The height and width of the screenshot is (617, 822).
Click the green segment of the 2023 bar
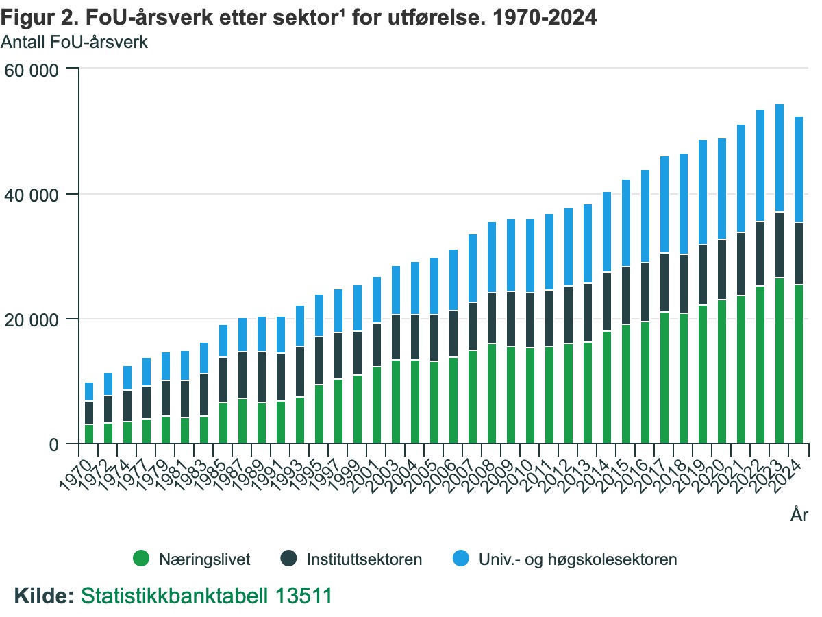click(x=780, y=361)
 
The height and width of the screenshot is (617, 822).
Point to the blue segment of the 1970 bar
click(x=89, y=391)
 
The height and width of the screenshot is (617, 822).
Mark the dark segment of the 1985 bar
click(x=223, y=380)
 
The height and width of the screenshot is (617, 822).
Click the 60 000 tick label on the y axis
click(x=33, y=69)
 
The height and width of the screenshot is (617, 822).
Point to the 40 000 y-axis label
click(x=33, y=195)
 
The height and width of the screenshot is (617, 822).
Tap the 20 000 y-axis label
click(x=33, y=319)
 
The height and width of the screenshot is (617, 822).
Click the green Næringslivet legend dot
click(x=141, y=559)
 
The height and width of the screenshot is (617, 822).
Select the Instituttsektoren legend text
click(x=364, y=559)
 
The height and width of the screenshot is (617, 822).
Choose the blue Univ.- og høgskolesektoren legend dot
click(x=461, y=559)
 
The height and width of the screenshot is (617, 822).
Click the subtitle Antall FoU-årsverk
click(x=74, y=42)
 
